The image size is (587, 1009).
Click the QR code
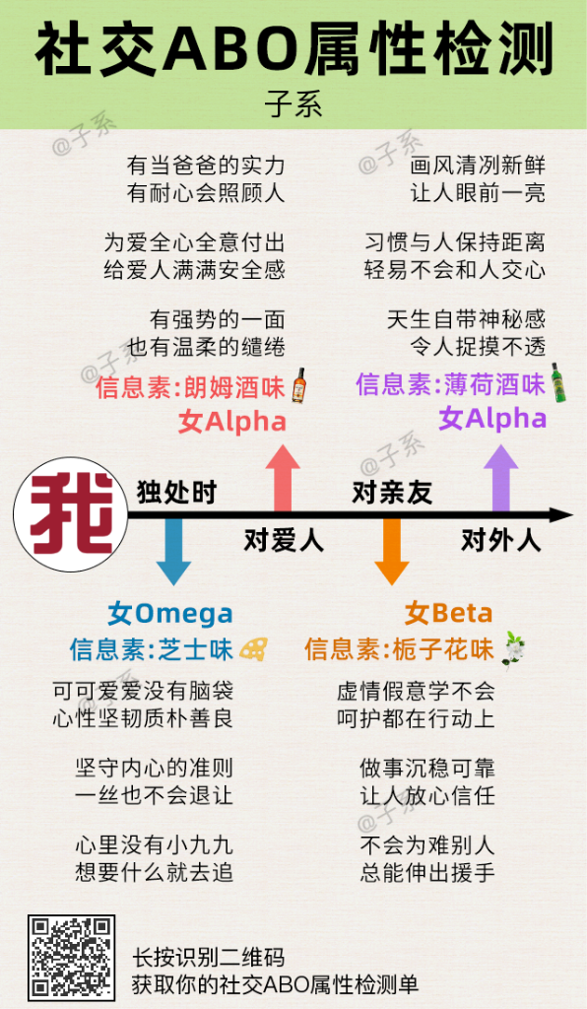click(71, 956)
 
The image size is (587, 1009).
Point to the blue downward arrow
click(173, 551)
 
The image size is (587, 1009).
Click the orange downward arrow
click(392, 551)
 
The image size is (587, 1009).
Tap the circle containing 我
click(70, 514)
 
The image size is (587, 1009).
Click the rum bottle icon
click(298, 385)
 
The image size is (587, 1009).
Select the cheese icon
click(253, 648)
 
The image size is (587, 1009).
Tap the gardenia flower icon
click(513, 650)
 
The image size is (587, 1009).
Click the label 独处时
click(176, 493)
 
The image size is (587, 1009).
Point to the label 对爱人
click(283, 540)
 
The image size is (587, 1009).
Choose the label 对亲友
click(392, 493)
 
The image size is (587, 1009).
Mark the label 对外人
click(501, 540)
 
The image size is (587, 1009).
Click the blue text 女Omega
click(170, 614)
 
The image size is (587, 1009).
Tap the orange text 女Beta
click(448, 613)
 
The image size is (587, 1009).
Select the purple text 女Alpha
click(492, 418)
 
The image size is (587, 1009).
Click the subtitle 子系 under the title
click(293, 104)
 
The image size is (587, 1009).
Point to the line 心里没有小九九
click(154, 844)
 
